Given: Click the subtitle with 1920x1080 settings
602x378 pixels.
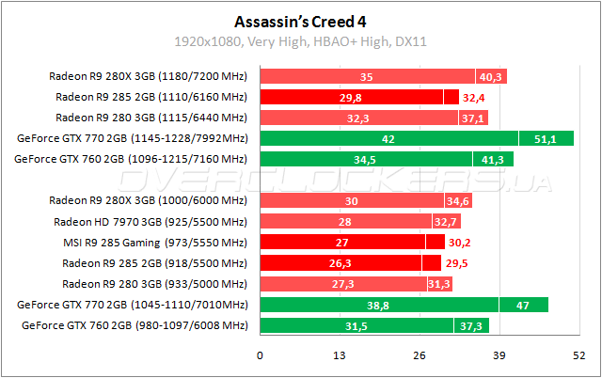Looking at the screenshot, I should pyautogui.click(x=300, y=41).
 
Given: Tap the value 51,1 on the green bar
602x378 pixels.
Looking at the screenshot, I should pyautogui.click(x=547, y=138).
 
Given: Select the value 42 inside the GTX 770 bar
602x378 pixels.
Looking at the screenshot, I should pyautogui.click(x=388, y=138).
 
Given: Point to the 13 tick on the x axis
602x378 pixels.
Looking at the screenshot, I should pyautogui.click(x=340, y=355).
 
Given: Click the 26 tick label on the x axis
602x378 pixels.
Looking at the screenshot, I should pyautogui.click(x=420, y=355).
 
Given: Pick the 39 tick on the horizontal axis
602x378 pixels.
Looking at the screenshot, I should pyautogui.click(x=499, y=355).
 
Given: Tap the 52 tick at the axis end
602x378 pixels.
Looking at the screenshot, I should pyautogui.click(x=578, y=355).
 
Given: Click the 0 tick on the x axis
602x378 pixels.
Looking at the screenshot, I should pyautogui.click(x=261, y=355).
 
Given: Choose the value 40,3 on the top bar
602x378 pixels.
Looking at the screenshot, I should pyautogui.click(x=491, y=76).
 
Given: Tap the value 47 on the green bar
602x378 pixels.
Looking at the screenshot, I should pyautogui.click(x=523, y=304).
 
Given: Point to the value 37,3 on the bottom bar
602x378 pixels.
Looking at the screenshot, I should pyautogui.click(x=473, y=324).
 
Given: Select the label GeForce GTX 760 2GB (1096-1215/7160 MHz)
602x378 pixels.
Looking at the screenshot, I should pyautogui.click(x=132, y=159).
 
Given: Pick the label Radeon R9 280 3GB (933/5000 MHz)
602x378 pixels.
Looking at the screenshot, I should pyautogui.click(x=154, y=283).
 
